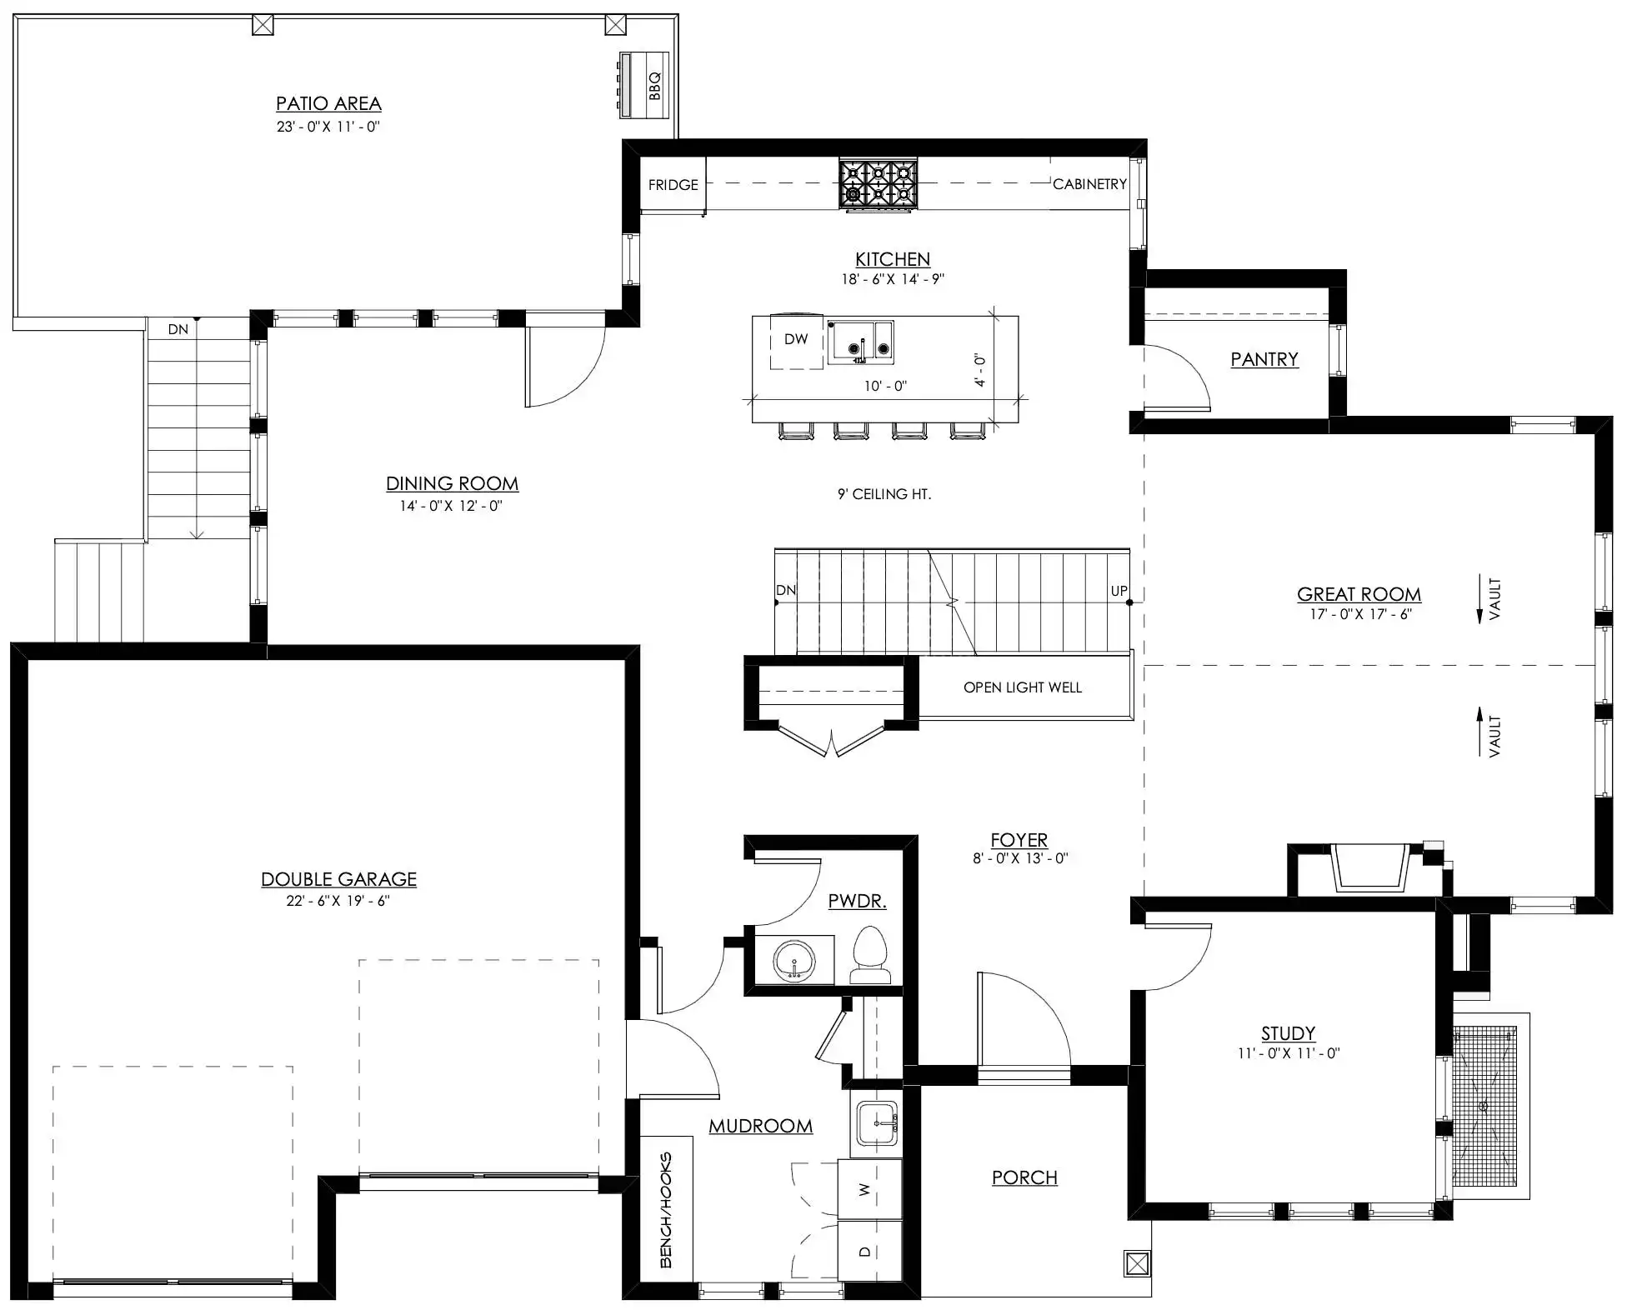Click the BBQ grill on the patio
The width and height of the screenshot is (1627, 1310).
coord(644,83)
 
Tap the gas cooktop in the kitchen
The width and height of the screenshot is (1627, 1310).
coord(878,184)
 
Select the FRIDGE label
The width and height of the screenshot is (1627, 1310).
coord(673,185)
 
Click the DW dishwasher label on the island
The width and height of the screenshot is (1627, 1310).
coord(796,339)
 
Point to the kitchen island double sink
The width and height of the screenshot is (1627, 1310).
coord(861,342)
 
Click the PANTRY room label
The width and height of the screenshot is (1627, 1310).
coord(1264,359)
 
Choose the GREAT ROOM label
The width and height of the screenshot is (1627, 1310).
coord(1359,594)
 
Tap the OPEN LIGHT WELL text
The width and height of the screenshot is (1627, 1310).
coord(1023,687)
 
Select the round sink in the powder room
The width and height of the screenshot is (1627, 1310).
coord(794,961)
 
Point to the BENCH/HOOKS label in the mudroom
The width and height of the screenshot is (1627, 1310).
coord(666,1210)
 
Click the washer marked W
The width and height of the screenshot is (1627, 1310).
coord(869,1190)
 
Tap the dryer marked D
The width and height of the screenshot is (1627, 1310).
coord(869,1251)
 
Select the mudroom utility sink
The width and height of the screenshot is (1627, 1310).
coord(877,1123)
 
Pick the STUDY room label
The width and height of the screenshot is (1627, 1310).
coord(1288,1033)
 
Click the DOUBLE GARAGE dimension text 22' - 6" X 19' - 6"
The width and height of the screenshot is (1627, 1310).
coord(338,901)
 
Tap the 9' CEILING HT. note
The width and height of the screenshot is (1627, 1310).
coord(884,494)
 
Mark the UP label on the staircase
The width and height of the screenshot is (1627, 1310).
coord(1119,591)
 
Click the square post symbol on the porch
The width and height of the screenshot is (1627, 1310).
coord(1137,1264)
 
